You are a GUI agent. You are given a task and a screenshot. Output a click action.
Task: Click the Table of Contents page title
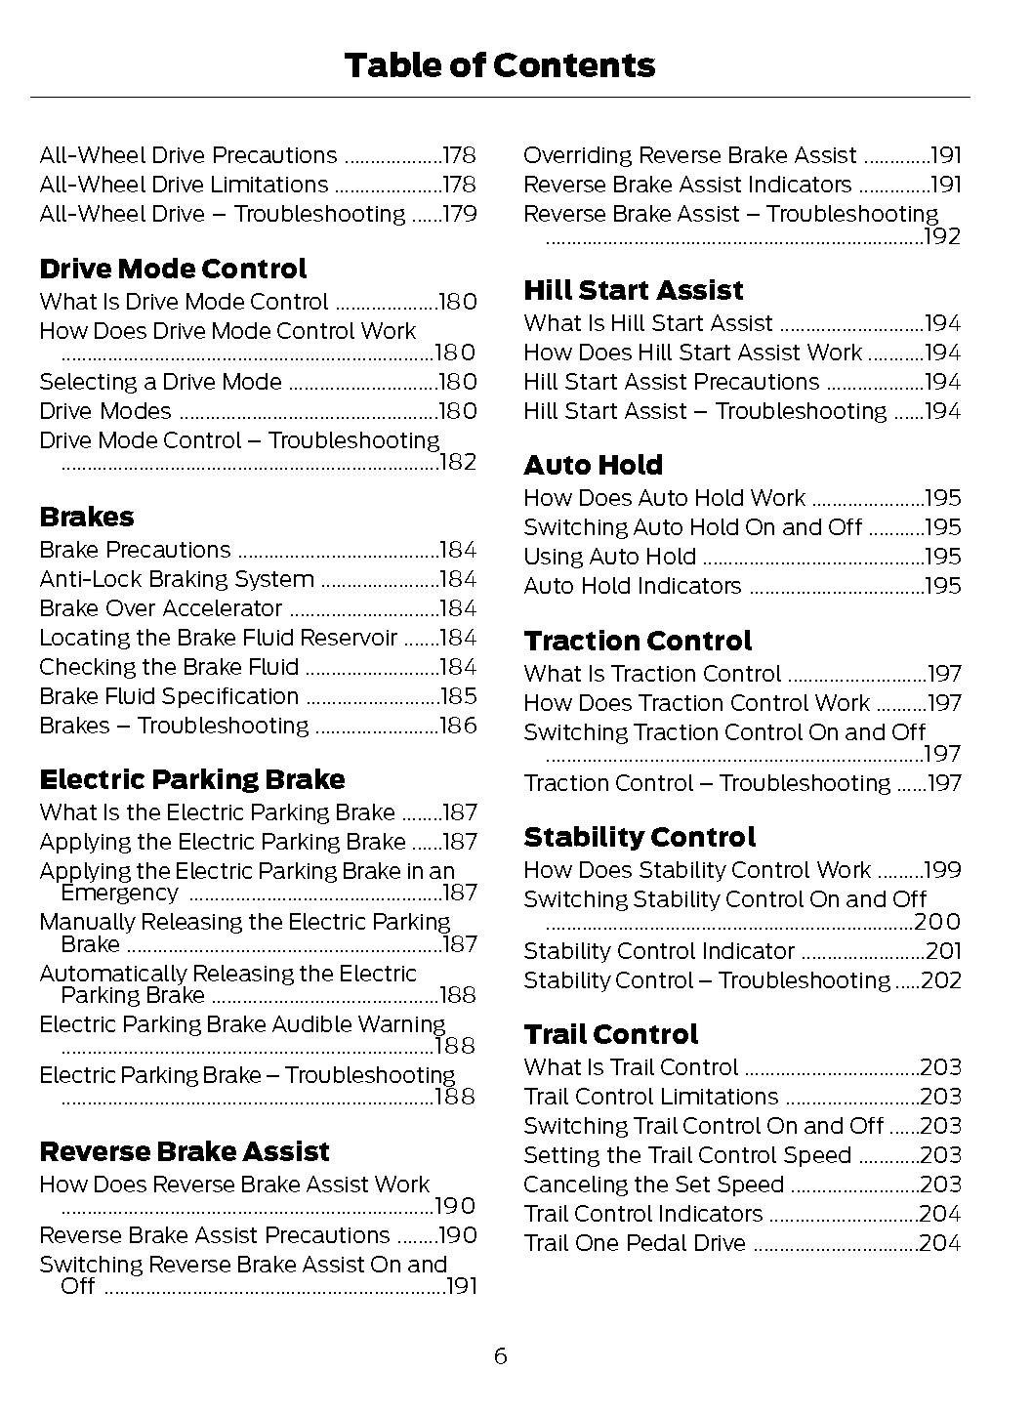[499, 65]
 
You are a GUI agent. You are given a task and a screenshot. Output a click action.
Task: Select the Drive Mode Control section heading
[173, 270]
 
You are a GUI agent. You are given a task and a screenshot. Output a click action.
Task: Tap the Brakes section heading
[87, 518]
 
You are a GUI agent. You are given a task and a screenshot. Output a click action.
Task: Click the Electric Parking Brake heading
[192, 780]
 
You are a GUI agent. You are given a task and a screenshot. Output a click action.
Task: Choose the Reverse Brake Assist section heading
[185, 1152]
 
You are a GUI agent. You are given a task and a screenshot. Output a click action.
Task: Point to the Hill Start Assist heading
[634, 291]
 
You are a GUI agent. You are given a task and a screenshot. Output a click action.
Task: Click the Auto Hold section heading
[593, 466]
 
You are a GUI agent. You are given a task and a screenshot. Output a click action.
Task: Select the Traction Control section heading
[638, 642]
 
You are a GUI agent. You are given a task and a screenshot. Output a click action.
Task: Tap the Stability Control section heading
[640, 838]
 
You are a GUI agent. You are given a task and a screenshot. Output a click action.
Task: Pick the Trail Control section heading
[611, 1035]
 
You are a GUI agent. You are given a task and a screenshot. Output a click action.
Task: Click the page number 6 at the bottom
[500, 1356]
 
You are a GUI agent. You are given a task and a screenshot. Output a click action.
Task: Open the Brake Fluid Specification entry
[169, 697]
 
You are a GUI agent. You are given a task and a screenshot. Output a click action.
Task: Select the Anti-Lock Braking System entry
[177, 580]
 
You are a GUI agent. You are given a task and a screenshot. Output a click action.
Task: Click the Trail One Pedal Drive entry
[635, 1244]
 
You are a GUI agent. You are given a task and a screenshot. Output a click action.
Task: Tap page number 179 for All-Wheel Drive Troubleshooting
[459, 215]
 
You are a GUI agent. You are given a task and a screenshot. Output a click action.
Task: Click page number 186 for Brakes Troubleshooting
[459, 727]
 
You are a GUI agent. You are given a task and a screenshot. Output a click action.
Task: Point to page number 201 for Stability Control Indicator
[943, 952]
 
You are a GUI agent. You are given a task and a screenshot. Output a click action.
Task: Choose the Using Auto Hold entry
[610, 558]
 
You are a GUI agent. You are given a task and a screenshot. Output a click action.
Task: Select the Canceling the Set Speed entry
[654, 1185]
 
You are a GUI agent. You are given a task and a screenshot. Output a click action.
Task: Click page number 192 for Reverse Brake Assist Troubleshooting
[943, 237]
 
